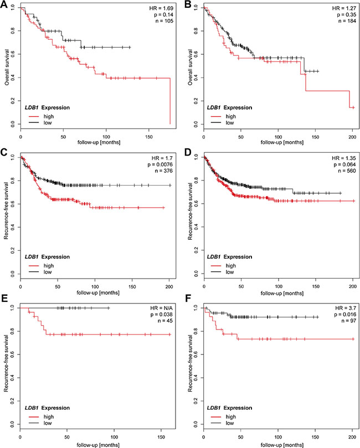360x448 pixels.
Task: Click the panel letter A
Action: [4, 6]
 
